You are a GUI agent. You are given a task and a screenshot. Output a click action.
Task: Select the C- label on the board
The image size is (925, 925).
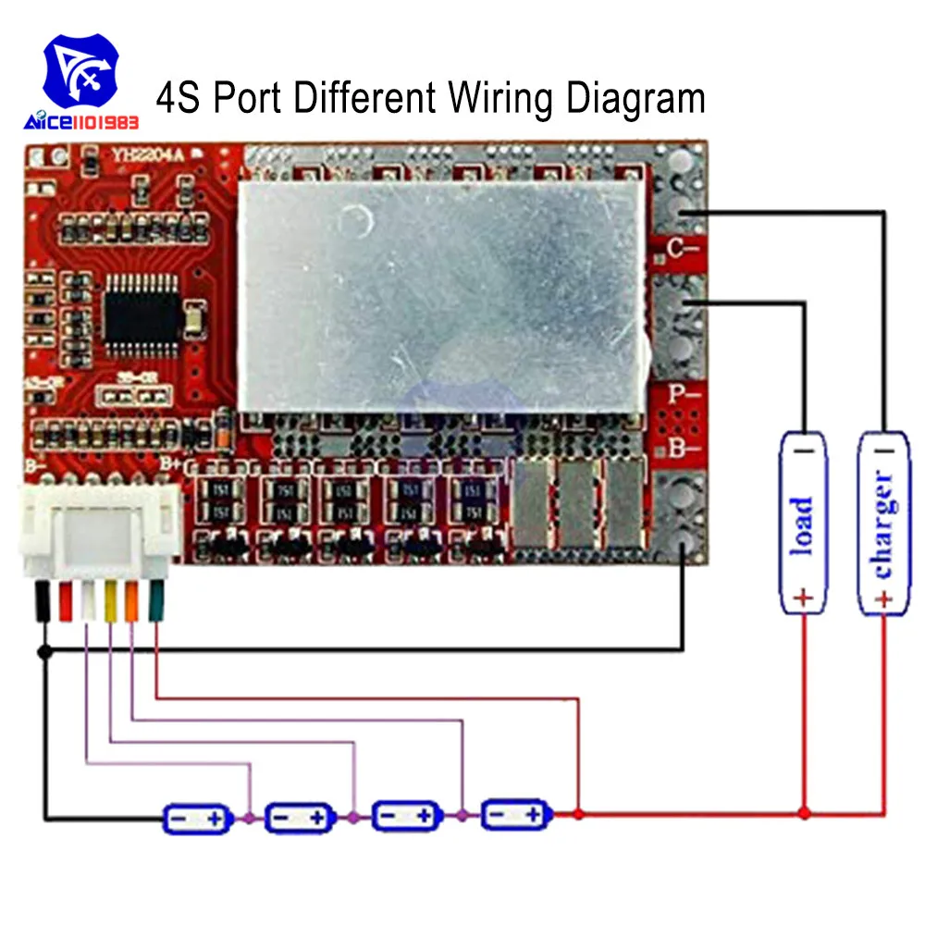tap(684, 249)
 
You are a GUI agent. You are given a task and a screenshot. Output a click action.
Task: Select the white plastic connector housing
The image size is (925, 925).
tap(101, 533)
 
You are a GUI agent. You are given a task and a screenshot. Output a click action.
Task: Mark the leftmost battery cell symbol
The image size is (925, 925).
tap(197, 818)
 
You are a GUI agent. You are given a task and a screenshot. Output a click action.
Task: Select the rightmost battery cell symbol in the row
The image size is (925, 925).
tap(516, 814)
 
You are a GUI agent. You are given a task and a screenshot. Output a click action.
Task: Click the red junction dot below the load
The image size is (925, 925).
tap(804, 813)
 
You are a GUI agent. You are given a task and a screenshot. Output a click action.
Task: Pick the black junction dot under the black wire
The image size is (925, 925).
tap(43, 652)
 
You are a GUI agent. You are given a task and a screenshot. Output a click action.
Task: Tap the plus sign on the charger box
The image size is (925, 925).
tap(883, 599)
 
